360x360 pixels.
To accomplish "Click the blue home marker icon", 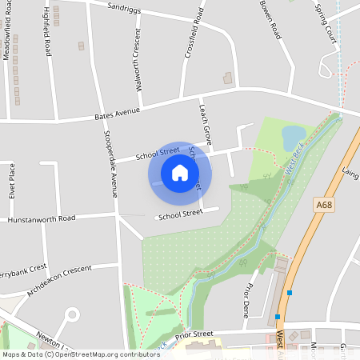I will (180, 173).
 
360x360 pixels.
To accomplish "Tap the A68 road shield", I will (323, 205).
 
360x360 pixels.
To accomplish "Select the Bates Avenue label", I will (117, 114).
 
